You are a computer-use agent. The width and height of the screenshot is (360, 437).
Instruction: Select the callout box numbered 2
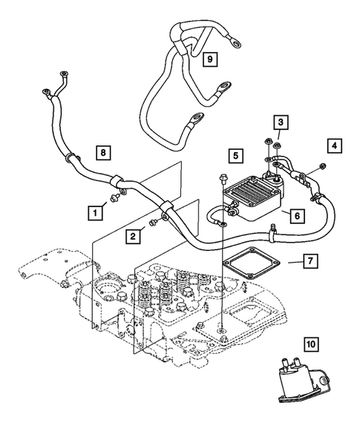click(x=133, y=237)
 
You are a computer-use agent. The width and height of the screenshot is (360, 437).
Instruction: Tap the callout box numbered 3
click(x=280, y=122)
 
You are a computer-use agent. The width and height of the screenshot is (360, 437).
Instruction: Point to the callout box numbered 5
click(x=234, y=157)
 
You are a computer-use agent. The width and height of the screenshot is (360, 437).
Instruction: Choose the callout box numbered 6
click(x=295, y=215)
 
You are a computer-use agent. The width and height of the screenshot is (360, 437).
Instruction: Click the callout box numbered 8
click(x=105, y=154)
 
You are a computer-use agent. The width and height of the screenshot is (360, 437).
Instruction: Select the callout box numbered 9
click(x=209, y=58)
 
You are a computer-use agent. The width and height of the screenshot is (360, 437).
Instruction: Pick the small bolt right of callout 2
click(x=153, y=221)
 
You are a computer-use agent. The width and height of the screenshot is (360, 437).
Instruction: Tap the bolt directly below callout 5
click(x=221, y=178)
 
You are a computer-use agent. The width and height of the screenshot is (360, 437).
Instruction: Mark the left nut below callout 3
click(x=266, y=140)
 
